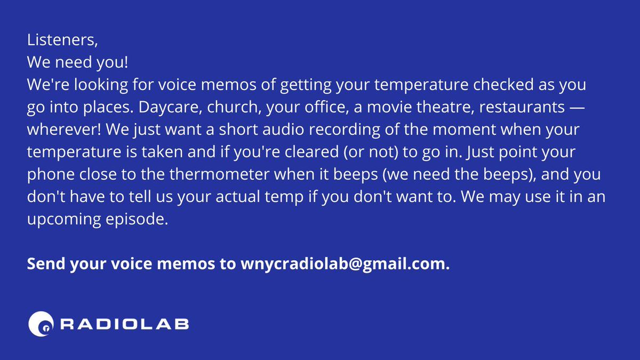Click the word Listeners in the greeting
[x=61, y=39]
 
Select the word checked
[x=503, y=84]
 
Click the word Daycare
[x=170, y=107]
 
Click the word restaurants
[x=522, y=107]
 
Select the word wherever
[x=64, y=130]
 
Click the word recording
[x=345, y=130]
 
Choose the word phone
[x=51, y=175]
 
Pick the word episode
[x=137, y=219]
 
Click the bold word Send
[x=46, y=263]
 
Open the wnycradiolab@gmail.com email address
[x=345, y=264]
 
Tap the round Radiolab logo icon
[x=41, y=324]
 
